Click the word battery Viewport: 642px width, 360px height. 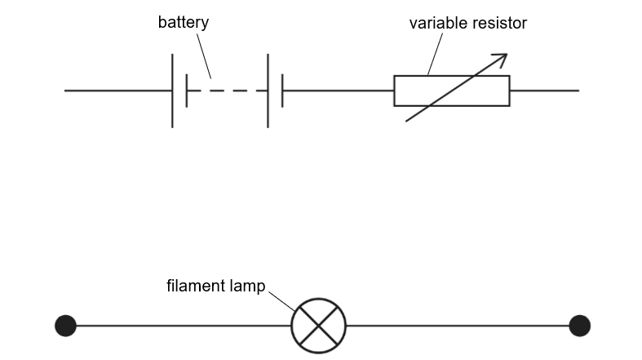[x=183, y=22]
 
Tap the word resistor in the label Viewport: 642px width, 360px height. [x=498, y=23]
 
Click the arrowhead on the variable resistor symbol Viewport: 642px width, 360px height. [x=501, y=58]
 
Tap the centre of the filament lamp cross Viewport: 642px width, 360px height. [x=319, y=326]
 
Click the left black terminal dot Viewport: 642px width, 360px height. [x=65, y=326]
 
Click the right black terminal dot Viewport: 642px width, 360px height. [x=579, y=326]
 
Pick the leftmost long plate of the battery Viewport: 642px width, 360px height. [x=172, y=91]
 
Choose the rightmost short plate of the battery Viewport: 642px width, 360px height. [x=282, y=91]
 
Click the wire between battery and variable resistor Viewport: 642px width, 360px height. [x=338, y=91]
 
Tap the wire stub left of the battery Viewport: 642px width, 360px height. [x=118, y=91]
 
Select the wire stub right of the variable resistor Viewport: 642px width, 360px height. [x=544, y=91]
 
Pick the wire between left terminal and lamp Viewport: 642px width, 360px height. [x=184, y=326]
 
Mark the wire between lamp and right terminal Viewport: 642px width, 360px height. [x=457, y=326]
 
